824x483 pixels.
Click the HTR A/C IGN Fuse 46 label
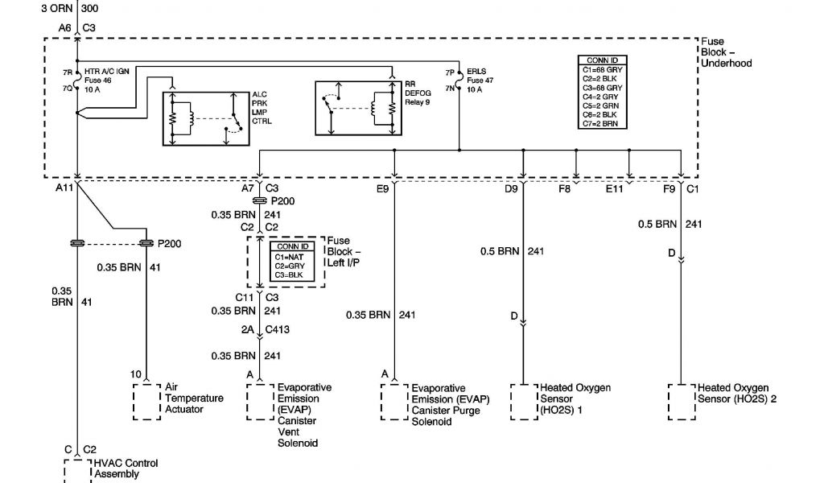click(107, 76)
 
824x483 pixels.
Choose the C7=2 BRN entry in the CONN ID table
click(599, 124)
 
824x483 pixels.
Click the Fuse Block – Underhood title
click(726, 52)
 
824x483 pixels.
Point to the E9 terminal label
click(382, 189)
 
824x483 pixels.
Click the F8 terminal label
click(565, 189)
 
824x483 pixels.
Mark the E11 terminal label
click(615, 189)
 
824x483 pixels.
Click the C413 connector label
click(278, 330)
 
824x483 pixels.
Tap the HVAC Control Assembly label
click(126, 469)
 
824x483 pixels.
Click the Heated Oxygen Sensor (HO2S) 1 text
click(575, 398)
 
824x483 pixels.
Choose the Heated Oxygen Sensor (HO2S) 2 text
click(736, 394)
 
